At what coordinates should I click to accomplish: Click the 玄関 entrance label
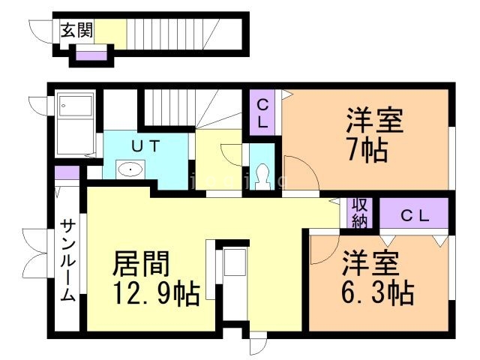pyautogui.click(x=76, y=31)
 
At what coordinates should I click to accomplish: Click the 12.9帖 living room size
pyautogui.click(x=156, y=294)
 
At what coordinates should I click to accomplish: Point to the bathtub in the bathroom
pyautogui.click(x=75, y=123)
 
